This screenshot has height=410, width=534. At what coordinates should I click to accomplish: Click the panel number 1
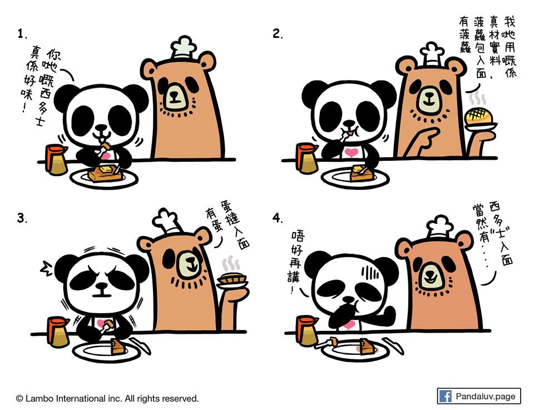point(22,34)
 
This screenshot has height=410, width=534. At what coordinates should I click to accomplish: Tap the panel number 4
point(278,218)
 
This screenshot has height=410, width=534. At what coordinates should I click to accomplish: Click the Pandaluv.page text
point(485,397)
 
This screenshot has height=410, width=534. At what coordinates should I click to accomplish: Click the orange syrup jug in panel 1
point(56,159)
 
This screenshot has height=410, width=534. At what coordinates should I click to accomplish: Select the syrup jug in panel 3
point(58,332)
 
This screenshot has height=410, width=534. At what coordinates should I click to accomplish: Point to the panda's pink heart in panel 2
point(352,151)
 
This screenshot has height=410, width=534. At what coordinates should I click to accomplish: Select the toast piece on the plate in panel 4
point(367,347)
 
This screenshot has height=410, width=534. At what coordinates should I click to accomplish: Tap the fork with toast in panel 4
point(328,343)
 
